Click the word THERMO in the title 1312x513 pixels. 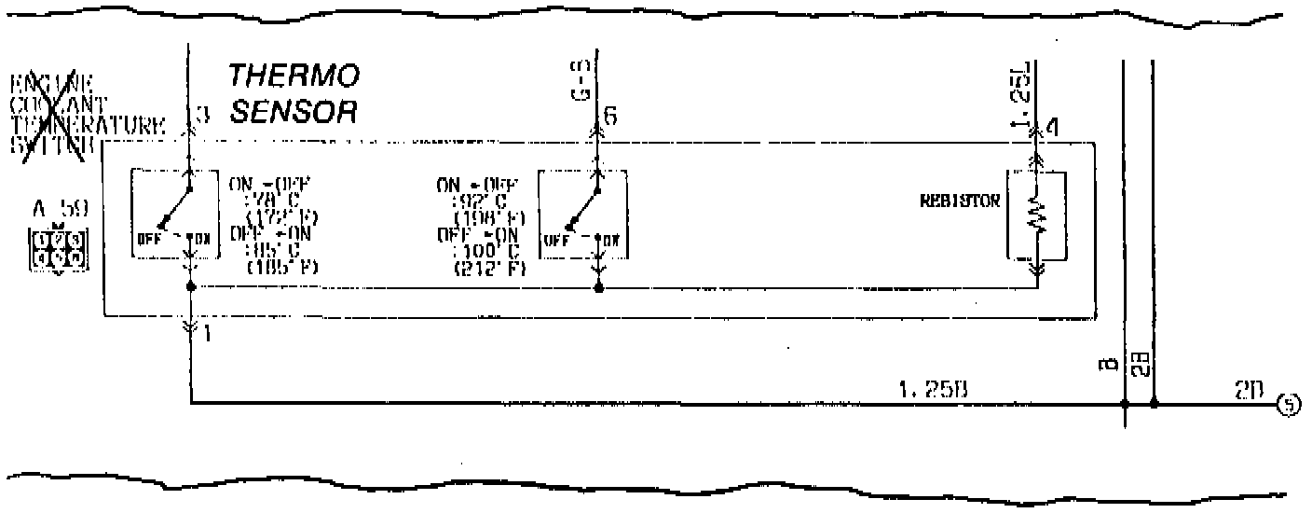[294, 76]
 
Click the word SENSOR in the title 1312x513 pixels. [294, 112]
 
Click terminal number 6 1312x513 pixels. [610, 117]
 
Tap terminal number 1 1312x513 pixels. [205, 334]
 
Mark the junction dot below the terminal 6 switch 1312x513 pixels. [597, 288]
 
